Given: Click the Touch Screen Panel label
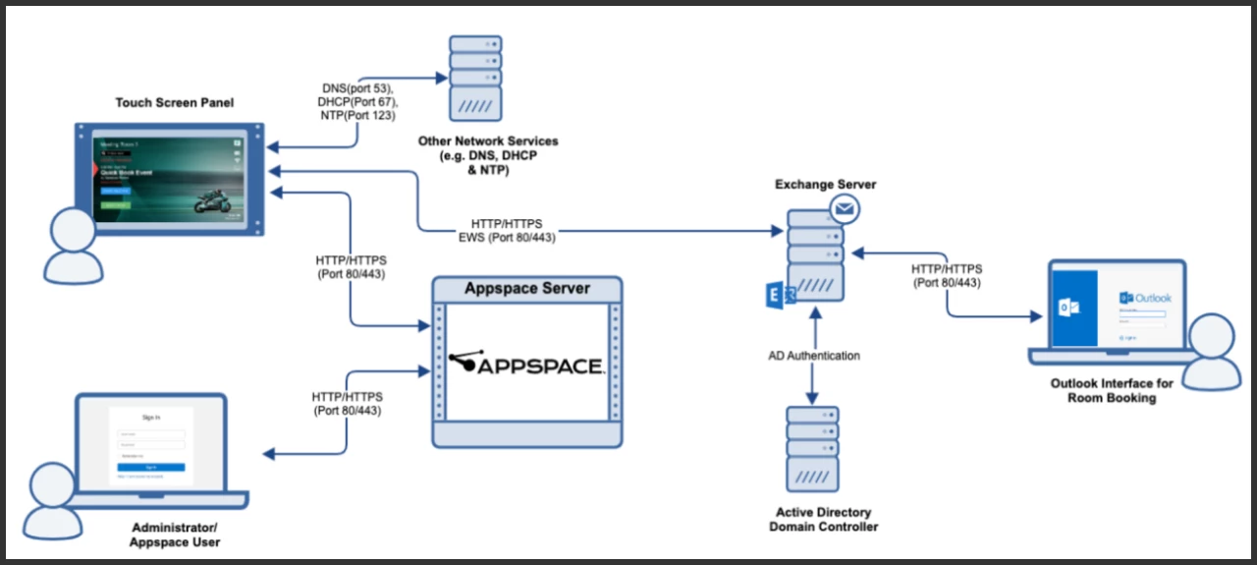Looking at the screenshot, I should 175,103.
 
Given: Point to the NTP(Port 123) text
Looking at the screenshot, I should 357,116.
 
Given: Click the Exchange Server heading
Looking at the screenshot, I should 825,184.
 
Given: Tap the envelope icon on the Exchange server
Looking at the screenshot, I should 844,208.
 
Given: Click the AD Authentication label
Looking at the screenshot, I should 813,356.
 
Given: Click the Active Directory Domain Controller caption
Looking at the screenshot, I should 826,520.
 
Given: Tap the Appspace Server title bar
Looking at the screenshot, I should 527,289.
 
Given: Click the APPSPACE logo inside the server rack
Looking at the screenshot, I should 525,364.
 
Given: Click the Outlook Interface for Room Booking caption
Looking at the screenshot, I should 1111,391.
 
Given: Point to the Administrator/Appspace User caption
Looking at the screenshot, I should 178,535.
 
